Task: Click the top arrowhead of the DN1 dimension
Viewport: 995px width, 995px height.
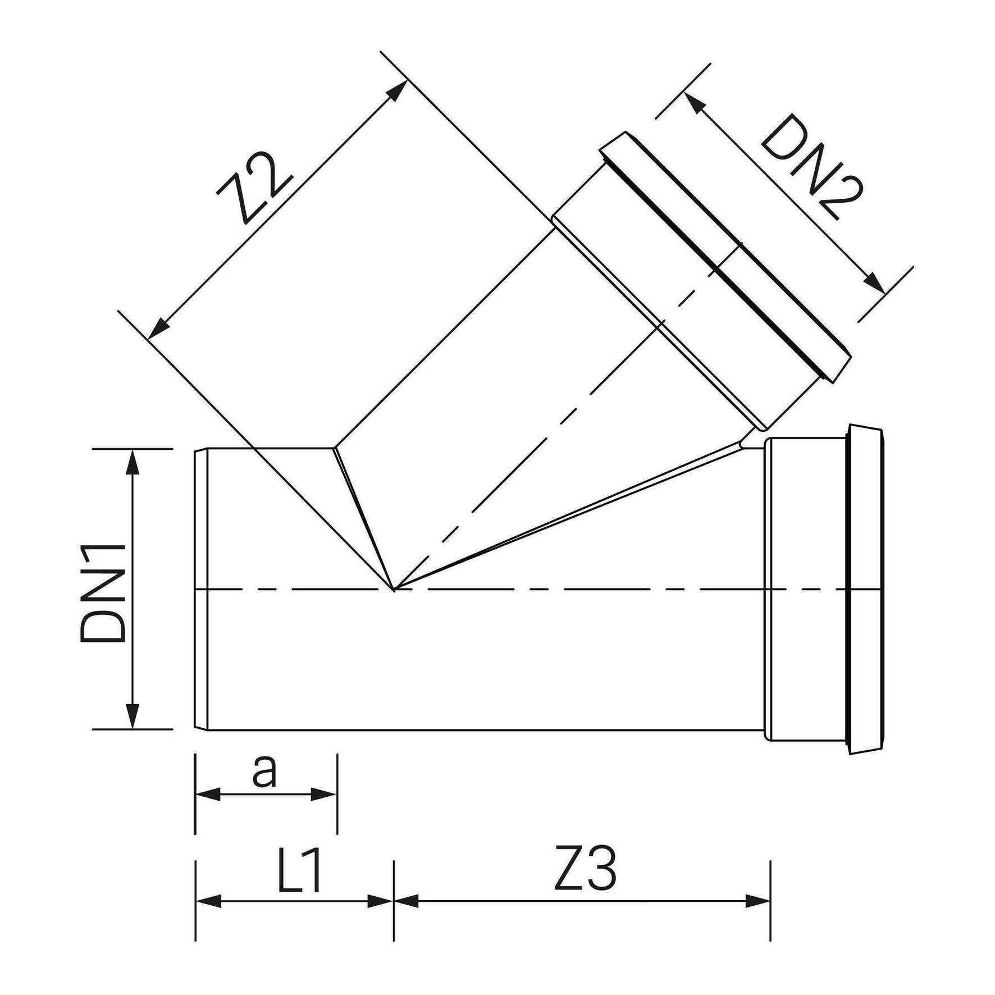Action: tap(133, 461)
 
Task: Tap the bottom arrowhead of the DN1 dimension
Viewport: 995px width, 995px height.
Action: tap(133, 716)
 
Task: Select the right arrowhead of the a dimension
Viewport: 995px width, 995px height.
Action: tap(324, 795)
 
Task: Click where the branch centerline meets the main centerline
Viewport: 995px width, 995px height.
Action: tap(395, 589)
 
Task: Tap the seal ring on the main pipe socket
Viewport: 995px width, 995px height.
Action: tap(865, 589)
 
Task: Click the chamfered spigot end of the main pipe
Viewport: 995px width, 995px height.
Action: tap(202, 589)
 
